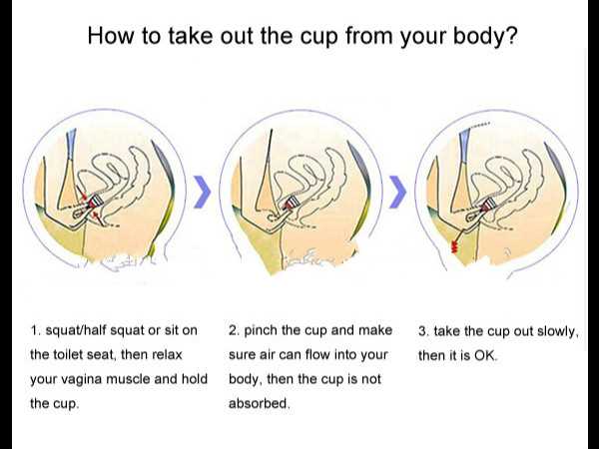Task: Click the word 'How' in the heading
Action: tap(111, 36)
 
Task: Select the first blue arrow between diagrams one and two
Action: tap(202, 192)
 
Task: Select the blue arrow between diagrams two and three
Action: tap(397, 192)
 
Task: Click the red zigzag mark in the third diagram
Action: tap(454, 246)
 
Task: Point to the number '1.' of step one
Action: tap(36, 330)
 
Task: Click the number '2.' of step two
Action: tap(235, 330)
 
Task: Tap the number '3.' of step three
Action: tap(424, 331)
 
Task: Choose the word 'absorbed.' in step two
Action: tap(259, 403)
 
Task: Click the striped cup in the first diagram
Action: tap(96, 201)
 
